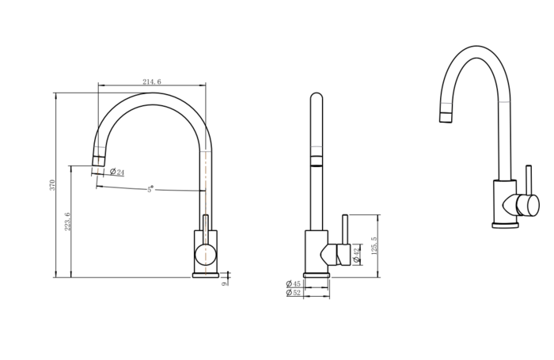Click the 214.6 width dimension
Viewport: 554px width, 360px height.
(x=151, y=81)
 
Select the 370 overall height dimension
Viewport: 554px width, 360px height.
(x=53, y=185)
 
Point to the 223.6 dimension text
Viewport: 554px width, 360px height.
(x=68, y=221)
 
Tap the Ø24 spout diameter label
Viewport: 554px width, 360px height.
(x=117, y=172)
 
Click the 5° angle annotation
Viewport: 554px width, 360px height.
(x=150, y=189)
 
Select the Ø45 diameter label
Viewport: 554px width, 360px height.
(x=294, y=283)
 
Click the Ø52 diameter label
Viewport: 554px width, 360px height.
(x=294, y=293)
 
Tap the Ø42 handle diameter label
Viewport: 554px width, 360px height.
(x=357, y=254)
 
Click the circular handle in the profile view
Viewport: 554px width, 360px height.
(x=205, y=254)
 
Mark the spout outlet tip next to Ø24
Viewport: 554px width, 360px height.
(x=98, y=162)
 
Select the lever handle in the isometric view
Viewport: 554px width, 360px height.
(x=526, y=203)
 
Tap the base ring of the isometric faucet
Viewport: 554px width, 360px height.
(x=505, y=225)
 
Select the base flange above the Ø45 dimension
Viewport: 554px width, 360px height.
(x=317, y=274)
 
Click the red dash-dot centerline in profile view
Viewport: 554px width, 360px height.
(x=206, y=190)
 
